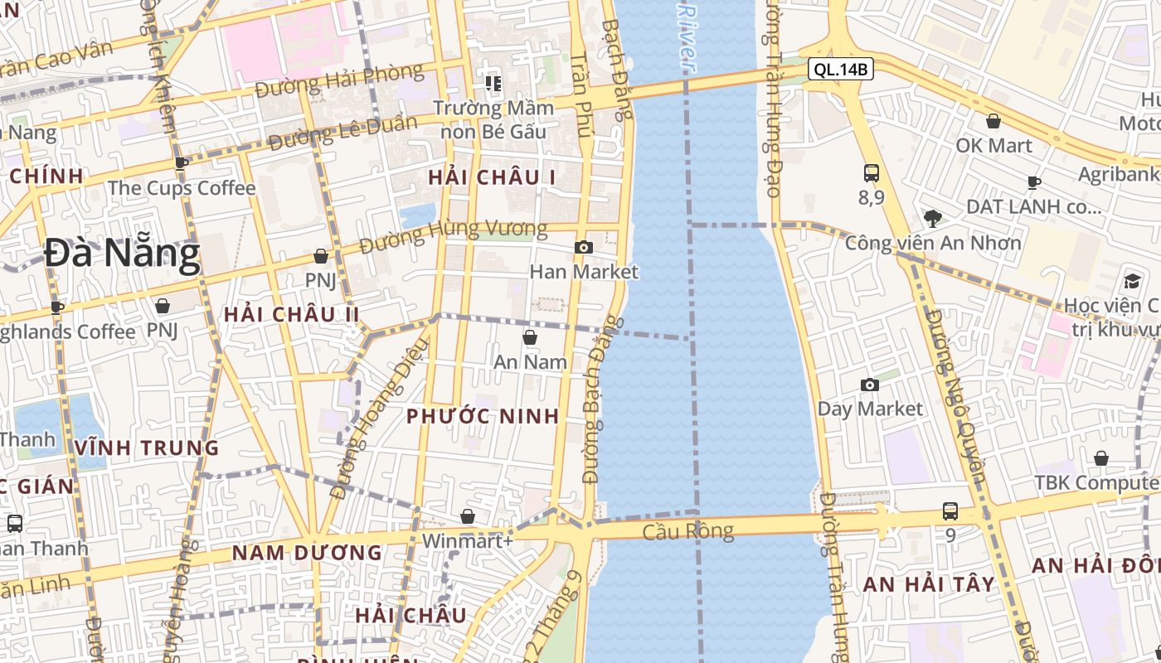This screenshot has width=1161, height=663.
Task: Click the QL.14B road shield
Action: pos(841,70)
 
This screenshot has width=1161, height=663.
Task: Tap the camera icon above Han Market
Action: pos(584,247)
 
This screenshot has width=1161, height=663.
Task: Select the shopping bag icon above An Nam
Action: pos(530,337)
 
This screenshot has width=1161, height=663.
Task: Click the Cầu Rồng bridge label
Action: pos(688,531)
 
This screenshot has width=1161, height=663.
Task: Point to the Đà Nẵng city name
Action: pos(122,254)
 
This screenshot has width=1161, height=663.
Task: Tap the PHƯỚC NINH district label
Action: pos(483,416)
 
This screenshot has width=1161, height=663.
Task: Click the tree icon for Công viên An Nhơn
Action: pos(933,219)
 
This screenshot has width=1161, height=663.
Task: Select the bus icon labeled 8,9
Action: pos(872,173)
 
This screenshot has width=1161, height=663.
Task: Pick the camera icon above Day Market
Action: pos(870,385)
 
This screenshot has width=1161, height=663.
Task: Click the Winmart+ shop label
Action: pos(468,541)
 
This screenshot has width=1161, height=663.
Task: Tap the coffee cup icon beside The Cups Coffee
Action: pos(182,163)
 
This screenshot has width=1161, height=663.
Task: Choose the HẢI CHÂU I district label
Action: pos(492,177)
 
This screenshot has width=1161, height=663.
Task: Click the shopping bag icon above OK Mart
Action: pos(993,122)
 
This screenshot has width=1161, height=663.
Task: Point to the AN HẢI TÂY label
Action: pos(929,584)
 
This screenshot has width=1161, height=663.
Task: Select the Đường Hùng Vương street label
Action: pos(454,235)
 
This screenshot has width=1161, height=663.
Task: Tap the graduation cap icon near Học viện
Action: pos(1132,281)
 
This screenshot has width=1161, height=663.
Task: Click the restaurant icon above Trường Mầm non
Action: pos(494,83)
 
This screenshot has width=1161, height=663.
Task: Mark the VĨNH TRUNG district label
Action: pos(147,448)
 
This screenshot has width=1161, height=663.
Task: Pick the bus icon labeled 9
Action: pos(950,511)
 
